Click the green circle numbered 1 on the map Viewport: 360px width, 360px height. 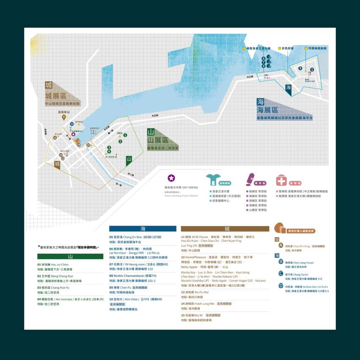[x=125, y=135]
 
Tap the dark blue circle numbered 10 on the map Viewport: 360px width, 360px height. [x=72, y=124]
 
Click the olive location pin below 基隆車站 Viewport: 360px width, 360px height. [x=64, y=117]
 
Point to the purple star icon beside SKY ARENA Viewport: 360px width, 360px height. [x=171, y=178]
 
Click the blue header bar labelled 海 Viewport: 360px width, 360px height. [x=142, y=229]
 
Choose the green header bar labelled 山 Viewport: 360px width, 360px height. [x=70, y=256]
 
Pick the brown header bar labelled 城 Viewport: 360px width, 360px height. [x=225, y=229]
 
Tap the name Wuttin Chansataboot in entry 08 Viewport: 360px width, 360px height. [x=127, y=276]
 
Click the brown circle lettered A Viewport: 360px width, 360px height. [x=280, y=246]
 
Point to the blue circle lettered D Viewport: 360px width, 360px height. [x=280, y=285]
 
